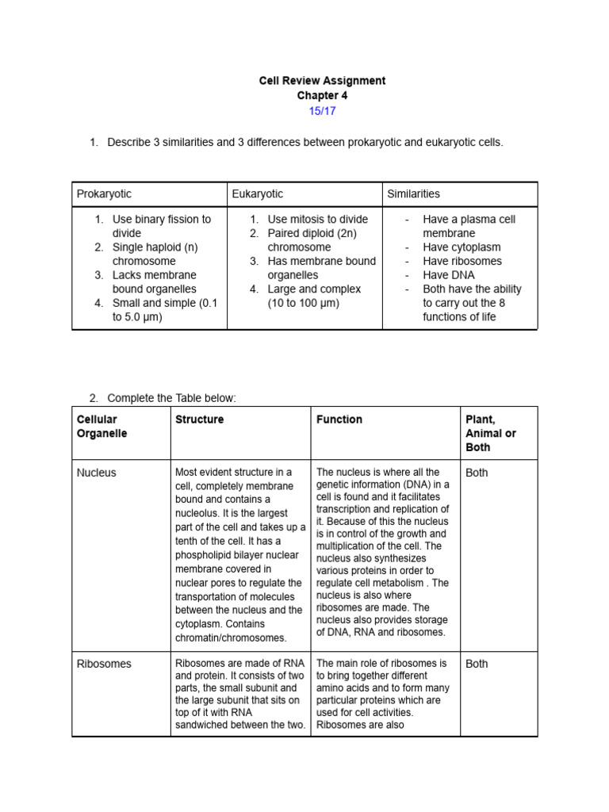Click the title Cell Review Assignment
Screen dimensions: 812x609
point(322,81)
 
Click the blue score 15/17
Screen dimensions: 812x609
point(322,111)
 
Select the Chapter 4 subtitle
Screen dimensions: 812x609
point(322,96)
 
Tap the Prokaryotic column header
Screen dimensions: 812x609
point(104,194)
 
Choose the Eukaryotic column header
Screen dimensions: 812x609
point(257,194)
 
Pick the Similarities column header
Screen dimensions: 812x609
point(413,194)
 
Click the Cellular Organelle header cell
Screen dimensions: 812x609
point(101,427)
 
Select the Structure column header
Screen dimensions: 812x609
point(199,419)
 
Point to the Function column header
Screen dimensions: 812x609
point(339,419)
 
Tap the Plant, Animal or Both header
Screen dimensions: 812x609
point(490,433)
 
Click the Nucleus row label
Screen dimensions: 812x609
point(96,473)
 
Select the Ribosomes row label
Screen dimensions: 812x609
point(104,664)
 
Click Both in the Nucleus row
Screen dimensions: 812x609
point(477,473)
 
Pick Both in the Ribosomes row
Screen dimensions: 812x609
point(477,664)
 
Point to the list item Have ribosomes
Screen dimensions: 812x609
point(462,261)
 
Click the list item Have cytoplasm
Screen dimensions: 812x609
point(462,247)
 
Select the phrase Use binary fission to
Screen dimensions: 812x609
point(162,220)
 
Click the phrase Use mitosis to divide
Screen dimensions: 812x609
point(317,220)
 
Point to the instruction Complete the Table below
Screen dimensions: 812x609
point(171,398)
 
